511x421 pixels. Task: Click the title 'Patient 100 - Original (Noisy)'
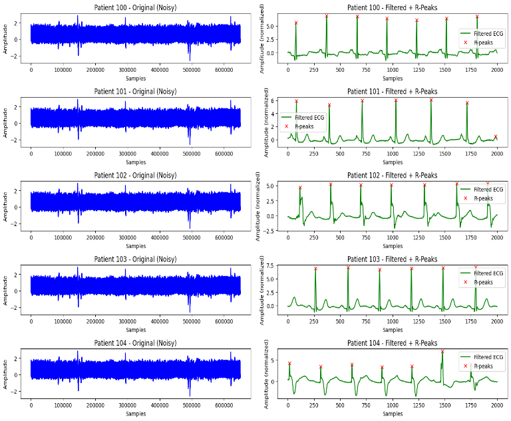click(136, 7)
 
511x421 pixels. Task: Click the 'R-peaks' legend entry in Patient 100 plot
click(483, 43)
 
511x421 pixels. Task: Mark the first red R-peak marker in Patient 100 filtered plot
click(296, 23)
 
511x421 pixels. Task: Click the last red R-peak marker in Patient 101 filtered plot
click(495, 137)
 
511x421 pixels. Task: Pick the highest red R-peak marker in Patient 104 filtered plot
click(442, 352)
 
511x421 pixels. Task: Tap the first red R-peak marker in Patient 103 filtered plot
click(315, 269)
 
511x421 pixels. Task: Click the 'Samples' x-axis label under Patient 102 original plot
click(136, 245)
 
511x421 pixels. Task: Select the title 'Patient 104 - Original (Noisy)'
click(136, 343)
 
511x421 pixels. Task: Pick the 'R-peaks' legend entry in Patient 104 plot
click(483, 366)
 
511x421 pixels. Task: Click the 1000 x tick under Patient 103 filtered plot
click(393, 321)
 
